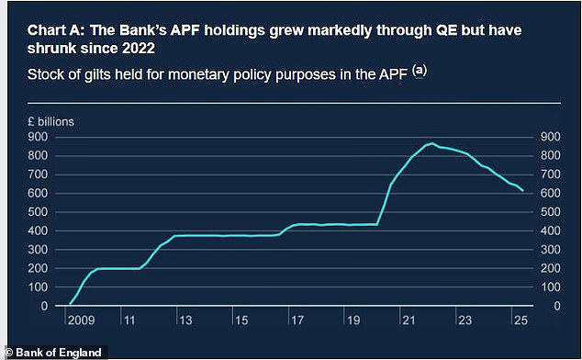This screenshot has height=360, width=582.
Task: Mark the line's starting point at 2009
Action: point(69,304)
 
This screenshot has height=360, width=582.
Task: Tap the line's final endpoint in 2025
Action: point(523,191)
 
